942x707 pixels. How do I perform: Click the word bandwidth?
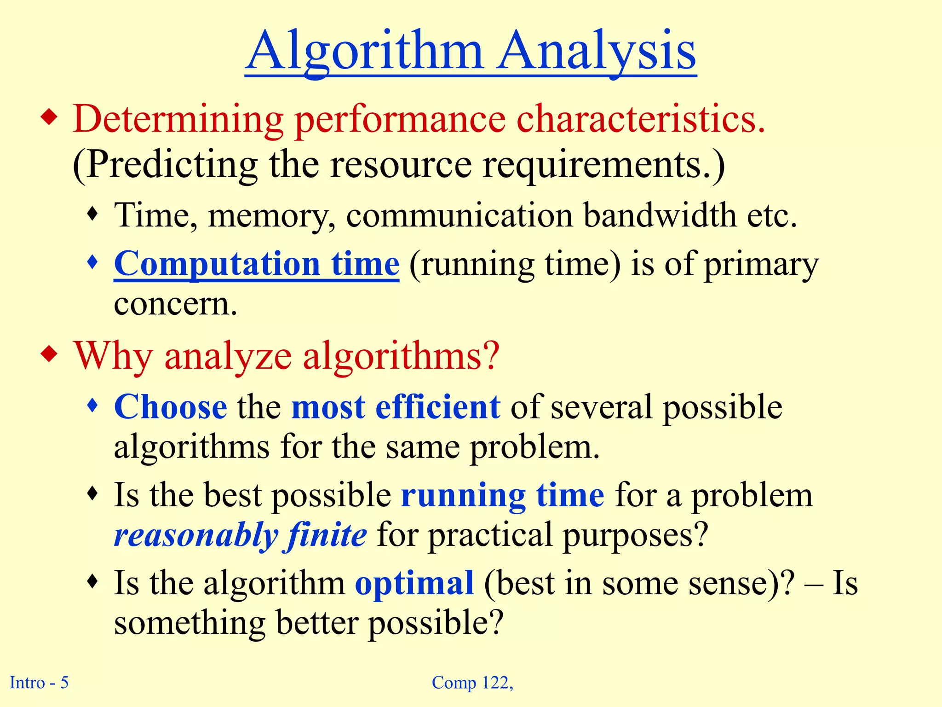pyautogui.click(x=660, y=215)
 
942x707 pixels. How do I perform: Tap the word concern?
pyautogui.click(x=175, y=304)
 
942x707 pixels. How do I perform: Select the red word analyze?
pyautogui.click(x=228, y=356)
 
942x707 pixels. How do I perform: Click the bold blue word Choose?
pyautogui.click(x=170, y=407)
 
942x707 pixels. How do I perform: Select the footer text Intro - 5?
pyautogui.click(x=39, y=682)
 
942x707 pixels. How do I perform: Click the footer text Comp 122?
pyautogui.click(x=472, y=682)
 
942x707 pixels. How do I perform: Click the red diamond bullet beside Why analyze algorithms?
pyautogui.click(x=49, y=354)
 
